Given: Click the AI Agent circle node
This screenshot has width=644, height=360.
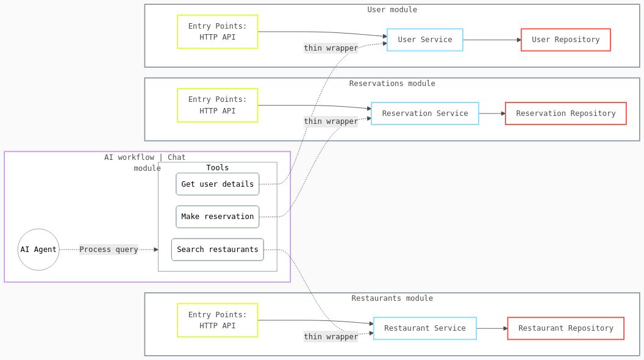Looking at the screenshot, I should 38,250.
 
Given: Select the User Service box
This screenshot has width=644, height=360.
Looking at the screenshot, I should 424,40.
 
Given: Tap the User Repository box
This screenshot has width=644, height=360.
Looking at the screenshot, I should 565,40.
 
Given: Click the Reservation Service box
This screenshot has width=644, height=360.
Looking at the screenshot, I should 424,113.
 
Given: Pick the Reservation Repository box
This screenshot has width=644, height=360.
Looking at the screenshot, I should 565,113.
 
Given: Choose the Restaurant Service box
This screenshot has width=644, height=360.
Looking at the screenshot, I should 424,328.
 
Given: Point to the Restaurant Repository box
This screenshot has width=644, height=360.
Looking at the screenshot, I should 565,328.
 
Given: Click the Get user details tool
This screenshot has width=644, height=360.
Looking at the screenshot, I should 217,184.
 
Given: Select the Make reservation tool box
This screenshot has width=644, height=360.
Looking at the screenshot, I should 217,217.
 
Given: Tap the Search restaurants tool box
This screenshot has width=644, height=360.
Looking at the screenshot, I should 217,250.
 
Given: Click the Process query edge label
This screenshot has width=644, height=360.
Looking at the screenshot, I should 109,250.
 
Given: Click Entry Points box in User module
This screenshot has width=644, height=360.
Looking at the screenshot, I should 217,32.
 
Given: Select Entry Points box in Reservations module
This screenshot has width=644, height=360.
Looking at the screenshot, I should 217,105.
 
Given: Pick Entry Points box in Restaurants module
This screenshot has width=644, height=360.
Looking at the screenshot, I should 217,320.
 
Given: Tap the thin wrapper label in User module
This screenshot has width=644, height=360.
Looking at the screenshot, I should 331,48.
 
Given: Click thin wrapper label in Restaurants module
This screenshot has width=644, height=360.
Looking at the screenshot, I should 331,337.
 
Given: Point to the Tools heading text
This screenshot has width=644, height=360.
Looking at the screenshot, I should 217,168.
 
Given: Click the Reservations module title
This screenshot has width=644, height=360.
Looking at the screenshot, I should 392,84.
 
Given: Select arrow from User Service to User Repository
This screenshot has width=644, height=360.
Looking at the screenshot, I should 492,40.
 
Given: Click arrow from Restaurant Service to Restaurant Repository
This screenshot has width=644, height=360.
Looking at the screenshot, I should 492,328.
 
